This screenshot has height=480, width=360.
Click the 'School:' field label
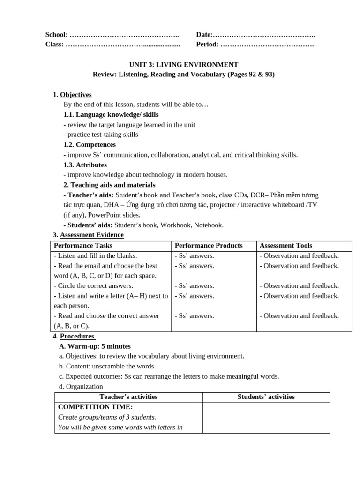pyautogui.click(x=56, y=35)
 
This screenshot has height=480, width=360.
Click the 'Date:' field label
pyautogui.click(x=204, y=35)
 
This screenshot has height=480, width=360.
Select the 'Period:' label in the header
pyautogui.click(x=207, y=45)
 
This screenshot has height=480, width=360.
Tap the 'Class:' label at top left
pyautogui.click(x=54, y=45)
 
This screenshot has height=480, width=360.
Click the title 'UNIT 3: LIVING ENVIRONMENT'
pyautogui.click(x=183, y=65)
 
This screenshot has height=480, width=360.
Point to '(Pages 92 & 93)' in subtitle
pyautogui.click(x=251, y=75)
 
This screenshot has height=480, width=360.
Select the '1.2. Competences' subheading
pyautogui.click(x=90, y=145)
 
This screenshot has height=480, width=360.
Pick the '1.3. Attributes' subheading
pyautogui.click(x=85, y=165)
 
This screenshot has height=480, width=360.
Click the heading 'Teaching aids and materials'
pyautogui.click(x=112, y=185)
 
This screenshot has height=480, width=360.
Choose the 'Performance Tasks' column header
pyautogui.click(x=83, y=246)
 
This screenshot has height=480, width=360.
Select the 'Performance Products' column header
pyautogui.click(x=209, y=246)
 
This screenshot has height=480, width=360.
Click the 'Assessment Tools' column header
pyautogui.click(x=285, y=246)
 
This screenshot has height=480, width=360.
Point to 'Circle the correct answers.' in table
pyautogui.click(x=94, y=286)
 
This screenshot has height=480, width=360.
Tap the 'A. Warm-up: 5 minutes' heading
pyautogui.click(x=95, y=346)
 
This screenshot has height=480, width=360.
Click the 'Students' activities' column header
pyautogui.click(x=266, y=397)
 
